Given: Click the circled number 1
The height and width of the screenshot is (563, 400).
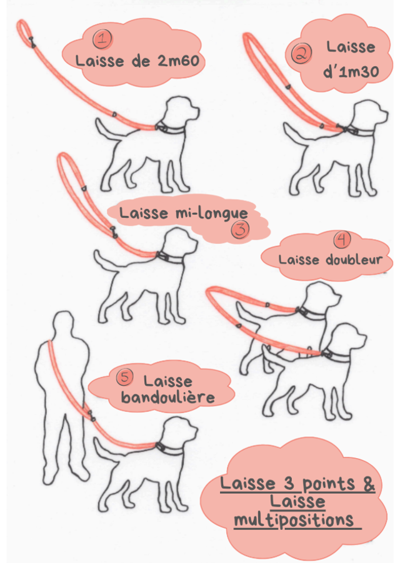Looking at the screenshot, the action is click(102, 39).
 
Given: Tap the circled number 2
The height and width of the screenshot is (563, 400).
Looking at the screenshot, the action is click(301, 54).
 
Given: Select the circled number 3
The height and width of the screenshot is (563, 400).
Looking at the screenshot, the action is click(241, 229).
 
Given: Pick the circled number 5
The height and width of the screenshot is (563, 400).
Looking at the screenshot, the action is click(125, 378).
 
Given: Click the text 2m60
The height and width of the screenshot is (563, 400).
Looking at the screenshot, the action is click(177, 61).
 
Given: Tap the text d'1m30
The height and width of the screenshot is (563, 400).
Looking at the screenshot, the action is click(351, 72).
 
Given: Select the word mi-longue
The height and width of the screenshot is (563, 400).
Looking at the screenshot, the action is click(211, 213).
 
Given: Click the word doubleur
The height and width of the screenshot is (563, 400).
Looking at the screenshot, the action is click(353, 259).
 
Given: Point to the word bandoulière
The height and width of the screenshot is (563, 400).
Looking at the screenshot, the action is click(168, 397).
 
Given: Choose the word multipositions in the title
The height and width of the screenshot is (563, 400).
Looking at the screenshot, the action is click(294, 520).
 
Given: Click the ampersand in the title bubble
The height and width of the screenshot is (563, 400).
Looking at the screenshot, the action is click(368, 484).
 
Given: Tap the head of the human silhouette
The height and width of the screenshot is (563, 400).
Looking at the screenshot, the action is click(63, 321).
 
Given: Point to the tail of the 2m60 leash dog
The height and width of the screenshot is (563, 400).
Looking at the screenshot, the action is click(107, 130).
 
